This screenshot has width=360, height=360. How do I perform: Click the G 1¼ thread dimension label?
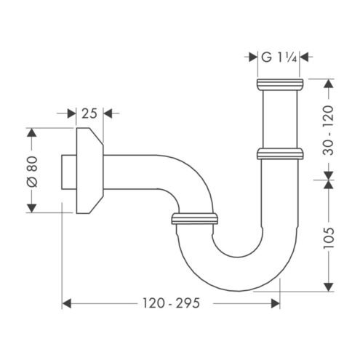pyautogui.click(x=279, y=57)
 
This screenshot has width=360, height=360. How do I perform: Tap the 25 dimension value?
pyautogui.click(x=89, y=113)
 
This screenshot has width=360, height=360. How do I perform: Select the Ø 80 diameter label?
pyautogui.click(x=32, y=172)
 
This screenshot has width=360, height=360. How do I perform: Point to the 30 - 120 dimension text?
pyautogui.click(x=329, y=130)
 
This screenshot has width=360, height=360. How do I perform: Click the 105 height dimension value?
pyautogui.click(x=329, y=238)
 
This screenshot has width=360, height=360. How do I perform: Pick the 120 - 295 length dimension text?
pyautogui.click(x=171, y=303)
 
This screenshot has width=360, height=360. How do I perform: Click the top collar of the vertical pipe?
pyautogui.click(x=280, y=84)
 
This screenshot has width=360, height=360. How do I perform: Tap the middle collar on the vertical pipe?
pyautogui.click(x=280, y=154)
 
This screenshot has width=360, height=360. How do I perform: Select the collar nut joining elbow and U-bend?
pyautogui.click(x=194, y=218)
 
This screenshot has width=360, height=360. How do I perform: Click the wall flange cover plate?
pyautogui.click(x=89, y=171)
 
